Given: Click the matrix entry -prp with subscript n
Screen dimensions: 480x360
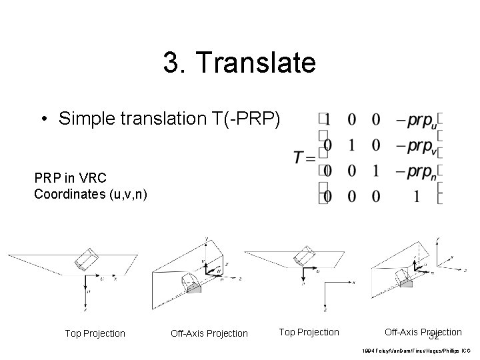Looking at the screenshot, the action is click(x=417, y=172).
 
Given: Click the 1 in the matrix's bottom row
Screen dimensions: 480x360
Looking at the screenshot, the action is click(x=417, y=197).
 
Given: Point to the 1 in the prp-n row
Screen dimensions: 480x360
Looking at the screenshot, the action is click(x=377, y=171).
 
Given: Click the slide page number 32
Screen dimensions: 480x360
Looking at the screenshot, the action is click(x=434, y=337).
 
